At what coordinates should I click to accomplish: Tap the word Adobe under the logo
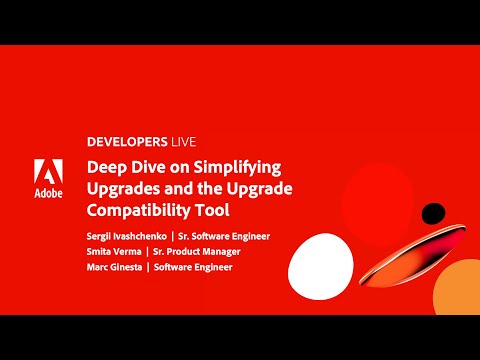[48, 192]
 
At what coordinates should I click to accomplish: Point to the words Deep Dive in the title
[120, 166]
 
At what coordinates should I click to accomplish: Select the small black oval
[433, 212]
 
